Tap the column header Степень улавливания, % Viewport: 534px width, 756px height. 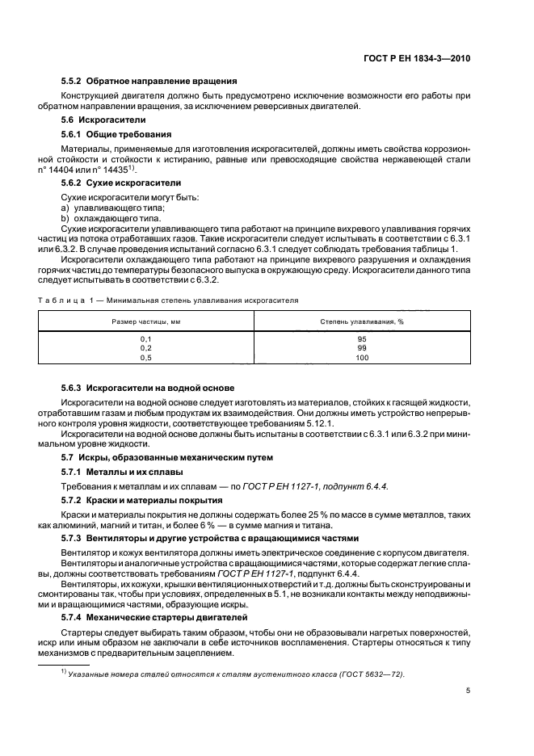(361, 321)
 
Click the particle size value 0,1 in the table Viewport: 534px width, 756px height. (145, 338)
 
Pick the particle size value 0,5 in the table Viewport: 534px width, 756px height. (145, 357)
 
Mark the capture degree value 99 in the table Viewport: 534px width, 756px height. (361, 347)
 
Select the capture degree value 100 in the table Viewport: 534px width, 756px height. (361, 357)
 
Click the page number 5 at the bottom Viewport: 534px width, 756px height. (468, 691)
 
